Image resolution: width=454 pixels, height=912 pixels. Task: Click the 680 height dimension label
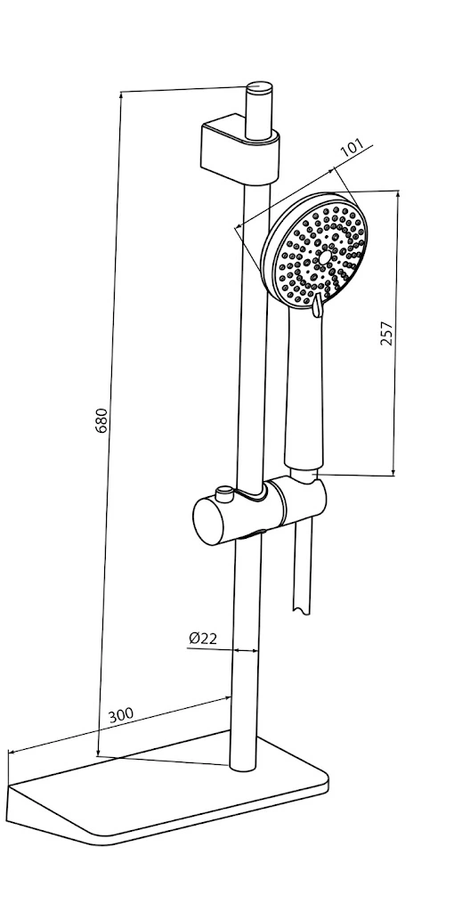101,420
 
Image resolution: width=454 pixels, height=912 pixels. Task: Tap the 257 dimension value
386,333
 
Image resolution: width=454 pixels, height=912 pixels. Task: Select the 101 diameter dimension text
352,148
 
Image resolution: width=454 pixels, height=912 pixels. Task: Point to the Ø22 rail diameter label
203,638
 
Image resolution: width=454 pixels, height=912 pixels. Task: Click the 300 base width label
121,714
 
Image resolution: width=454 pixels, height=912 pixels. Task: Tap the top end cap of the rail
259,87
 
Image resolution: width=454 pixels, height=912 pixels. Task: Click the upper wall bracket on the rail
239,149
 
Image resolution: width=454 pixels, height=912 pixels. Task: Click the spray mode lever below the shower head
317,305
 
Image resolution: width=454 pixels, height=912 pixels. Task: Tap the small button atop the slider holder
223,494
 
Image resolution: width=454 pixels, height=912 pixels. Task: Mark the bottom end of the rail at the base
243,767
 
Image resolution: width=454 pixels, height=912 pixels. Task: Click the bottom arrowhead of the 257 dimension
393,471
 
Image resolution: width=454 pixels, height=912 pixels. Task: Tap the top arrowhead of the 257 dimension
398,195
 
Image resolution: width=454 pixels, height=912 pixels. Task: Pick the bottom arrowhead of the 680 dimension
98,752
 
